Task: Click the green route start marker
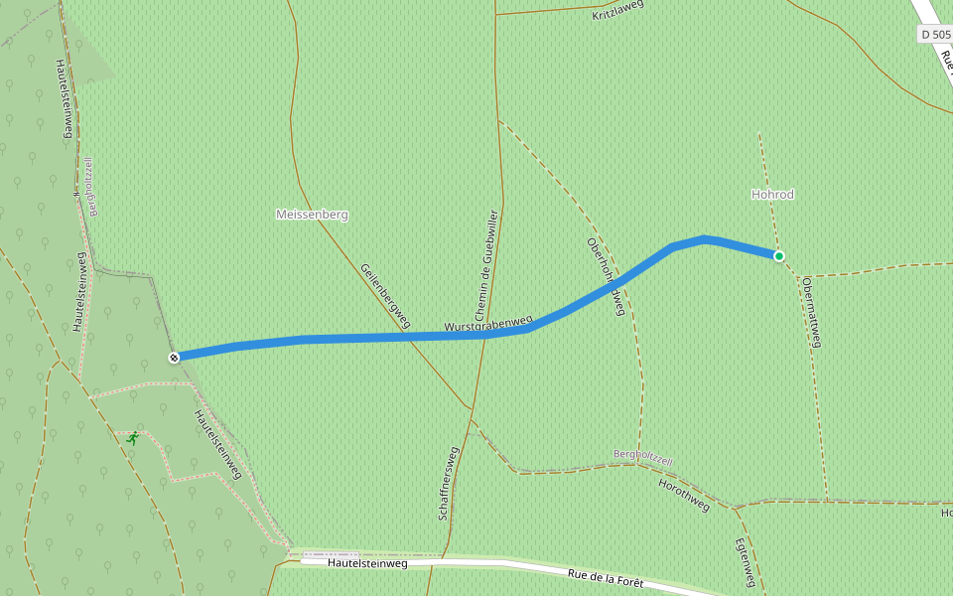779,256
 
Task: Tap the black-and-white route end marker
174,358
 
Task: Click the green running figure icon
132,437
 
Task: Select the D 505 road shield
935,35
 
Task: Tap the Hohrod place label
772,195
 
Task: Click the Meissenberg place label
312,215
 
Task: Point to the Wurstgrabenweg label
488,324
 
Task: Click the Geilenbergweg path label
385,295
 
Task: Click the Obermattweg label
812,312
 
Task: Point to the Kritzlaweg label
617,11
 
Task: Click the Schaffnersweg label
448,484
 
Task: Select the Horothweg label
684,495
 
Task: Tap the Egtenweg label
747,562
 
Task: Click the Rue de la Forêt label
606,578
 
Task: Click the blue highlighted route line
397,338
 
